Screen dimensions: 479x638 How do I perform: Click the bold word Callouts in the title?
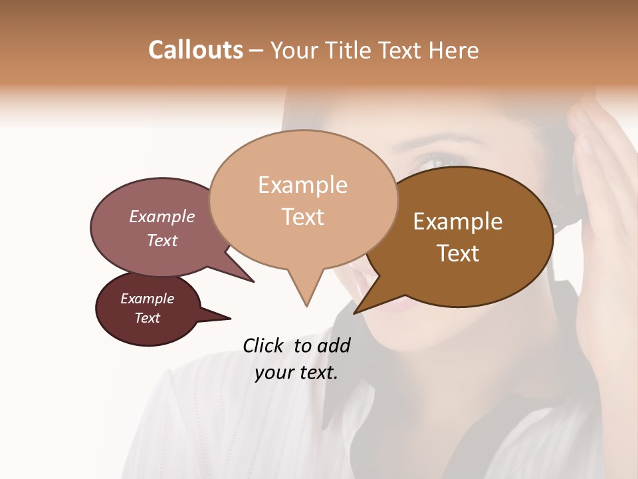click(x=195, y=50)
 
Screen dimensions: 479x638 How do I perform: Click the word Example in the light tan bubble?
click(x=302, y=185)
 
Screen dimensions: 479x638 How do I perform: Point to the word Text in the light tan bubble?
click(x=302, y=217)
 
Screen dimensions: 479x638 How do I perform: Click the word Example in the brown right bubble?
click(x=458, y=222)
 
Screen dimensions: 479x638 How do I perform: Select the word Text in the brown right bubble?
click(x=458, y=253)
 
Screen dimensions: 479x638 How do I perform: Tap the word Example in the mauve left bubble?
click(x=162, y=217)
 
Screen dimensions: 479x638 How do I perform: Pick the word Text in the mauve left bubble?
click(x=162, y=240)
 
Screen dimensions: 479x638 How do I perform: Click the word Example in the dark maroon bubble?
click(x=147, y=299)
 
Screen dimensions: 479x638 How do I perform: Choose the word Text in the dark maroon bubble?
click(x=147, y=318)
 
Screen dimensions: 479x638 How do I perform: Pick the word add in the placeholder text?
click(x=334, y=345)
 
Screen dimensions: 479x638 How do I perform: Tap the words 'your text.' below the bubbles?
click(x=296, y=373)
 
